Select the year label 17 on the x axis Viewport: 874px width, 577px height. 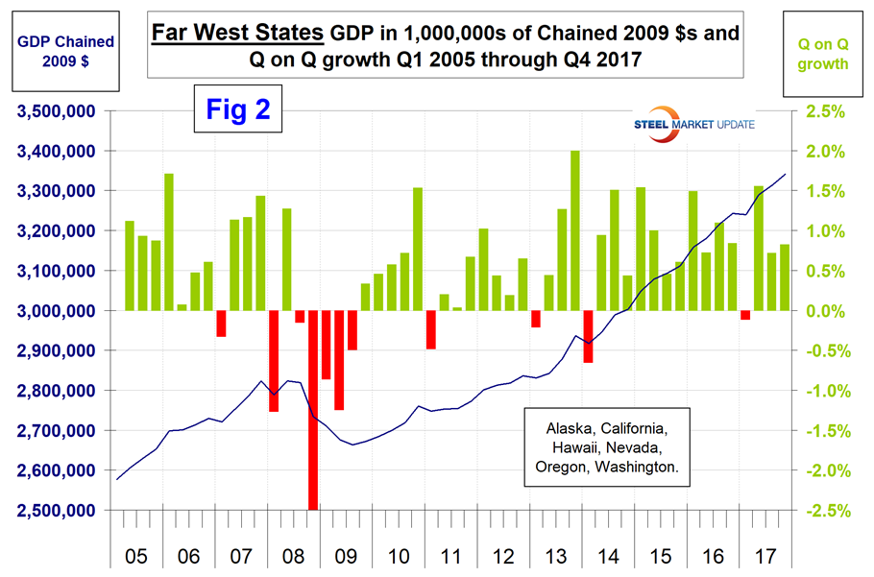(765, 554)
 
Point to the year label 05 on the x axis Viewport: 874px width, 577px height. (134, 554)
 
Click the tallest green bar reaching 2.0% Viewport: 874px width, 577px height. (575, 230)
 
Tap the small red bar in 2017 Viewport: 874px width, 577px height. (745, 315)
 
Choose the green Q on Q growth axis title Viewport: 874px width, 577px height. (822, 52)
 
